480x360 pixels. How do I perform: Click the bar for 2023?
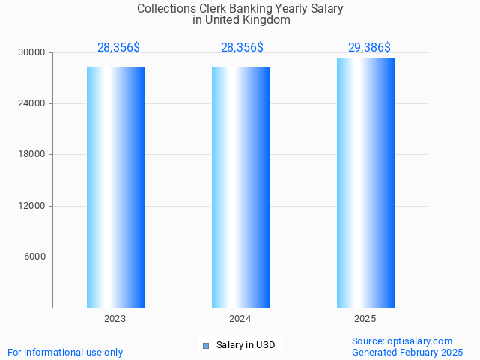click(x=115, y=187)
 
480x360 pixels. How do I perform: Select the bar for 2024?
click(x=240, y=187)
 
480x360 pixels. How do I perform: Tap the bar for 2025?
click(x=365, y=183)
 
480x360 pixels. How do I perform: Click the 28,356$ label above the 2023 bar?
click(x=118, y=48)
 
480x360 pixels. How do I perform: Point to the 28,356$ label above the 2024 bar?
click(x=242, y=48)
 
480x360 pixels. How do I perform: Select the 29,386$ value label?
click(x=369, y=48)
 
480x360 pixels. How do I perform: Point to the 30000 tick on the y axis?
click(x=32, y=53)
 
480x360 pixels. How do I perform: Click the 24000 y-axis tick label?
click(x=32, y=104)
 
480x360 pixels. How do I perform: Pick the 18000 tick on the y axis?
click(x=32, y=155)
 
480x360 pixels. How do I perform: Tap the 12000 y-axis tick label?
click(x=32, y=206)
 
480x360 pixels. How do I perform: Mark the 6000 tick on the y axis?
click(x=34, y=257)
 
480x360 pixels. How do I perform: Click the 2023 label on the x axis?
click(x=115, y=319)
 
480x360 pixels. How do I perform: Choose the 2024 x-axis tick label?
click(x=240, y=319)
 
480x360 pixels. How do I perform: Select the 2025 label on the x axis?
click(x=365, y=319)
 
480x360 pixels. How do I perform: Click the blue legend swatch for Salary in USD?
click(x=206, y=345)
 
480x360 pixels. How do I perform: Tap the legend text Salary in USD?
click(x=246, y=345)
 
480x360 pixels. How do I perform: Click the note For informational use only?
click(x=65, y=352)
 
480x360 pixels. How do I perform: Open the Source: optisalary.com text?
click(x=402, y=341)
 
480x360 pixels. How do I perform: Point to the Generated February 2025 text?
click(x=407, y=352)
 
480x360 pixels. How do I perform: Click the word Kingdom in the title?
click(x=266, y=20)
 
